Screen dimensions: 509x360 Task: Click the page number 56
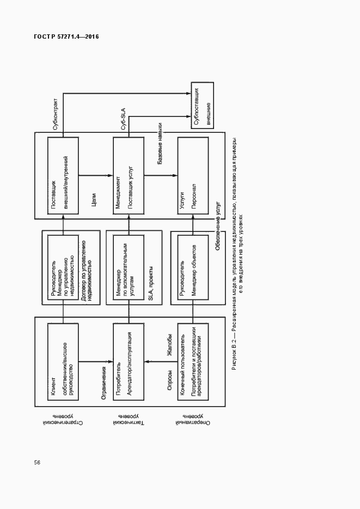point(37,462)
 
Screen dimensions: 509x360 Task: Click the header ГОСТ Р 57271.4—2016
point(66,37)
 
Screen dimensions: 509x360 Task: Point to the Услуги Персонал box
point(193,174)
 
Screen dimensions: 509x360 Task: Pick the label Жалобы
point(169,348)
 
